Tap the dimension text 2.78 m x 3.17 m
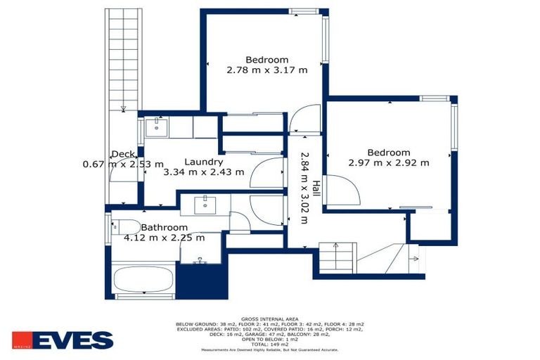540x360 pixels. [x=266, y=70]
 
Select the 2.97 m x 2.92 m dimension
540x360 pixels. [x=388, y=163]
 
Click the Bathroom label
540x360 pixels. [x=164, y=228]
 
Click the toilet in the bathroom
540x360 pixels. [x=127, y=228]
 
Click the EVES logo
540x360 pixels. [x=63, y=340]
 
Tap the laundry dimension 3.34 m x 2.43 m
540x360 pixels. [x=204, y=172]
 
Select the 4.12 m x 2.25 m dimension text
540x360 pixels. [x=164, y=238]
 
